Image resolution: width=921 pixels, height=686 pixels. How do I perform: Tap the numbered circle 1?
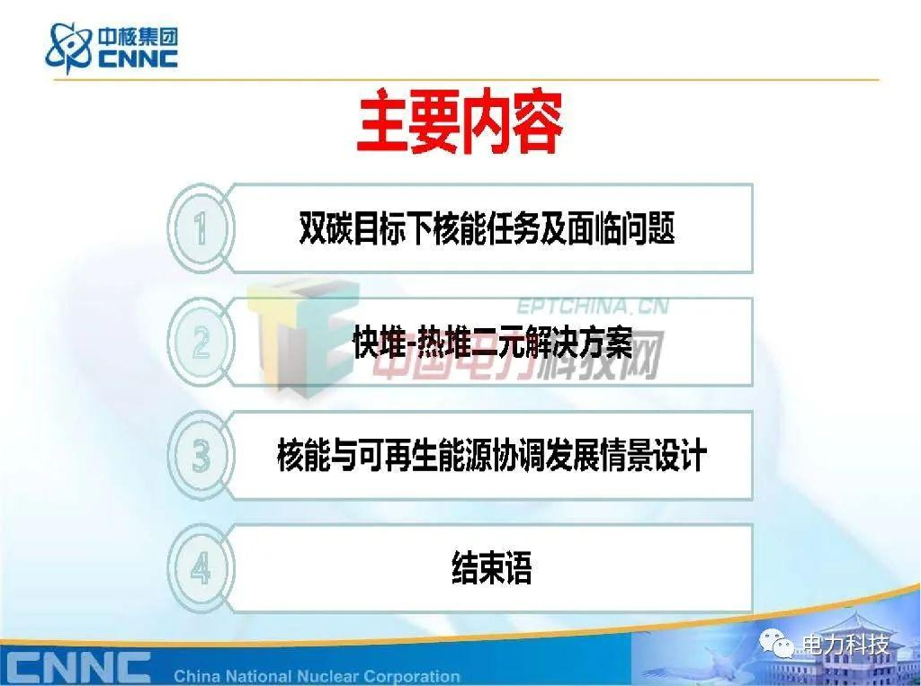click(x=201, y=228)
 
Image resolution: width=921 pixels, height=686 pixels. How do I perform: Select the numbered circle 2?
click(x=201, y=343)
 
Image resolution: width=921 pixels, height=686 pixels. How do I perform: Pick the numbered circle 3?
click(x=201, y=457)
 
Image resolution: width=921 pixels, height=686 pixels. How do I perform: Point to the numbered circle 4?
click(x=201, y=569)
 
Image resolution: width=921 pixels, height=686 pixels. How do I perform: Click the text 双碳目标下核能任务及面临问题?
click(x=487, y=228)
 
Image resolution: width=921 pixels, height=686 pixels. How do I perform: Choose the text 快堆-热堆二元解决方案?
click(x=492, y=343)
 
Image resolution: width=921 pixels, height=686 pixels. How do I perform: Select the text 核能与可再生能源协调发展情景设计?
click(x=491, y=457)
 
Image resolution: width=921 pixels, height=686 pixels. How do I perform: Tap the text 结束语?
click(x=491, y=569)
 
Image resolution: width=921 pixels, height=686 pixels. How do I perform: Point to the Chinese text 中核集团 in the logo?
click(x=137, y=37)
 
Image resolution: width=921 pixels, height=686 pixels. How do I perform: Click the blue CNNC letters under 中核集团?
click(x=137, y=59)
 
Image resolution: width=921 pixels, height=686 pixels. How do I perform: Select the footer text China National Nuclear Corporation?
click(x=316, y=675)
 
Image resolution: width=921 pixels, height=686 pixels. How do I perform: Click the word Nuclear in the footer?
click(x=320, y=675)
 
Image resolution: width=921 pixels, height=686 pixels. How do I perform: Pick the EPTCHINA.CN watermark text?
click(x=592, y=306)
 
